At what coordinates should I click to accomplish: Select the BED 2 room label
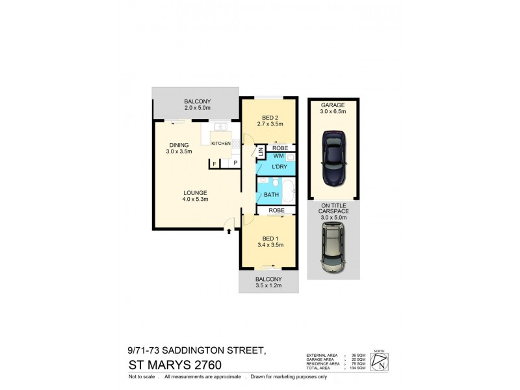268,118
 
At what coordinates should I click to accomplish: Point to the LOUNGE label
195,192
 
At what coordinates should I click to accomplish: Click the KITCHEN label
220,143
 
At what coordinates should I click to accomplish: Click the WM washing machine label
278,156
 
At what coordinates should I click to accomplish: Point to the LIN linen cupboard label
261,153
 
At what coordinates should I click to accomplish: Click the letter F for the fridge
214,164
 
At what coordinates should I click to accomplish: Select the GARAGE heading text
333,105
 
